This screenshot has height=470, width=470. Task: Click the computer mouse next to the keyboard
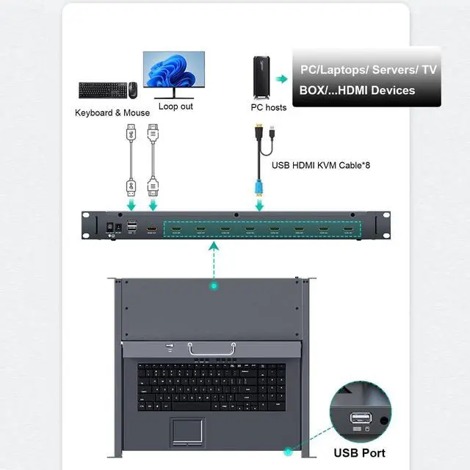click(133, 90)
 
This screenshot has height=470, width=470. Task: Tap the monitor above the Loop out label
click(173, 72)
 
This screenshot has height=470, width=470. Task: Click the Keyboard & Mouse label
click(112, 113)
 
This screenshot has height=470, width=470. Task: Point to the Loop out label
click(176, 106)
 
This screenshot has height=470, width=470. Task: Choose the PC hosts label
click(268, 108)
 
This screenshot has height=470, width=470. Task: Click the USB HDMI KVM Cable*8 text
click(321, 165)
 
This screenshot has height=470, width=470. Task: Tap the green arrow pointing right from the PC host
click(281, 78)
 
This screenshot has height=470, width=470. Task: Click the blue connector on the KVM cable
click(258, 185)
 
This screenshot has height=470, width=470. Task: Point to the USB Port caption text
click(359, 452)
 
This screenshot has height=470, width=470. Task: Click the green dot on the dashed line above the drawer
click(214, 284)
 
